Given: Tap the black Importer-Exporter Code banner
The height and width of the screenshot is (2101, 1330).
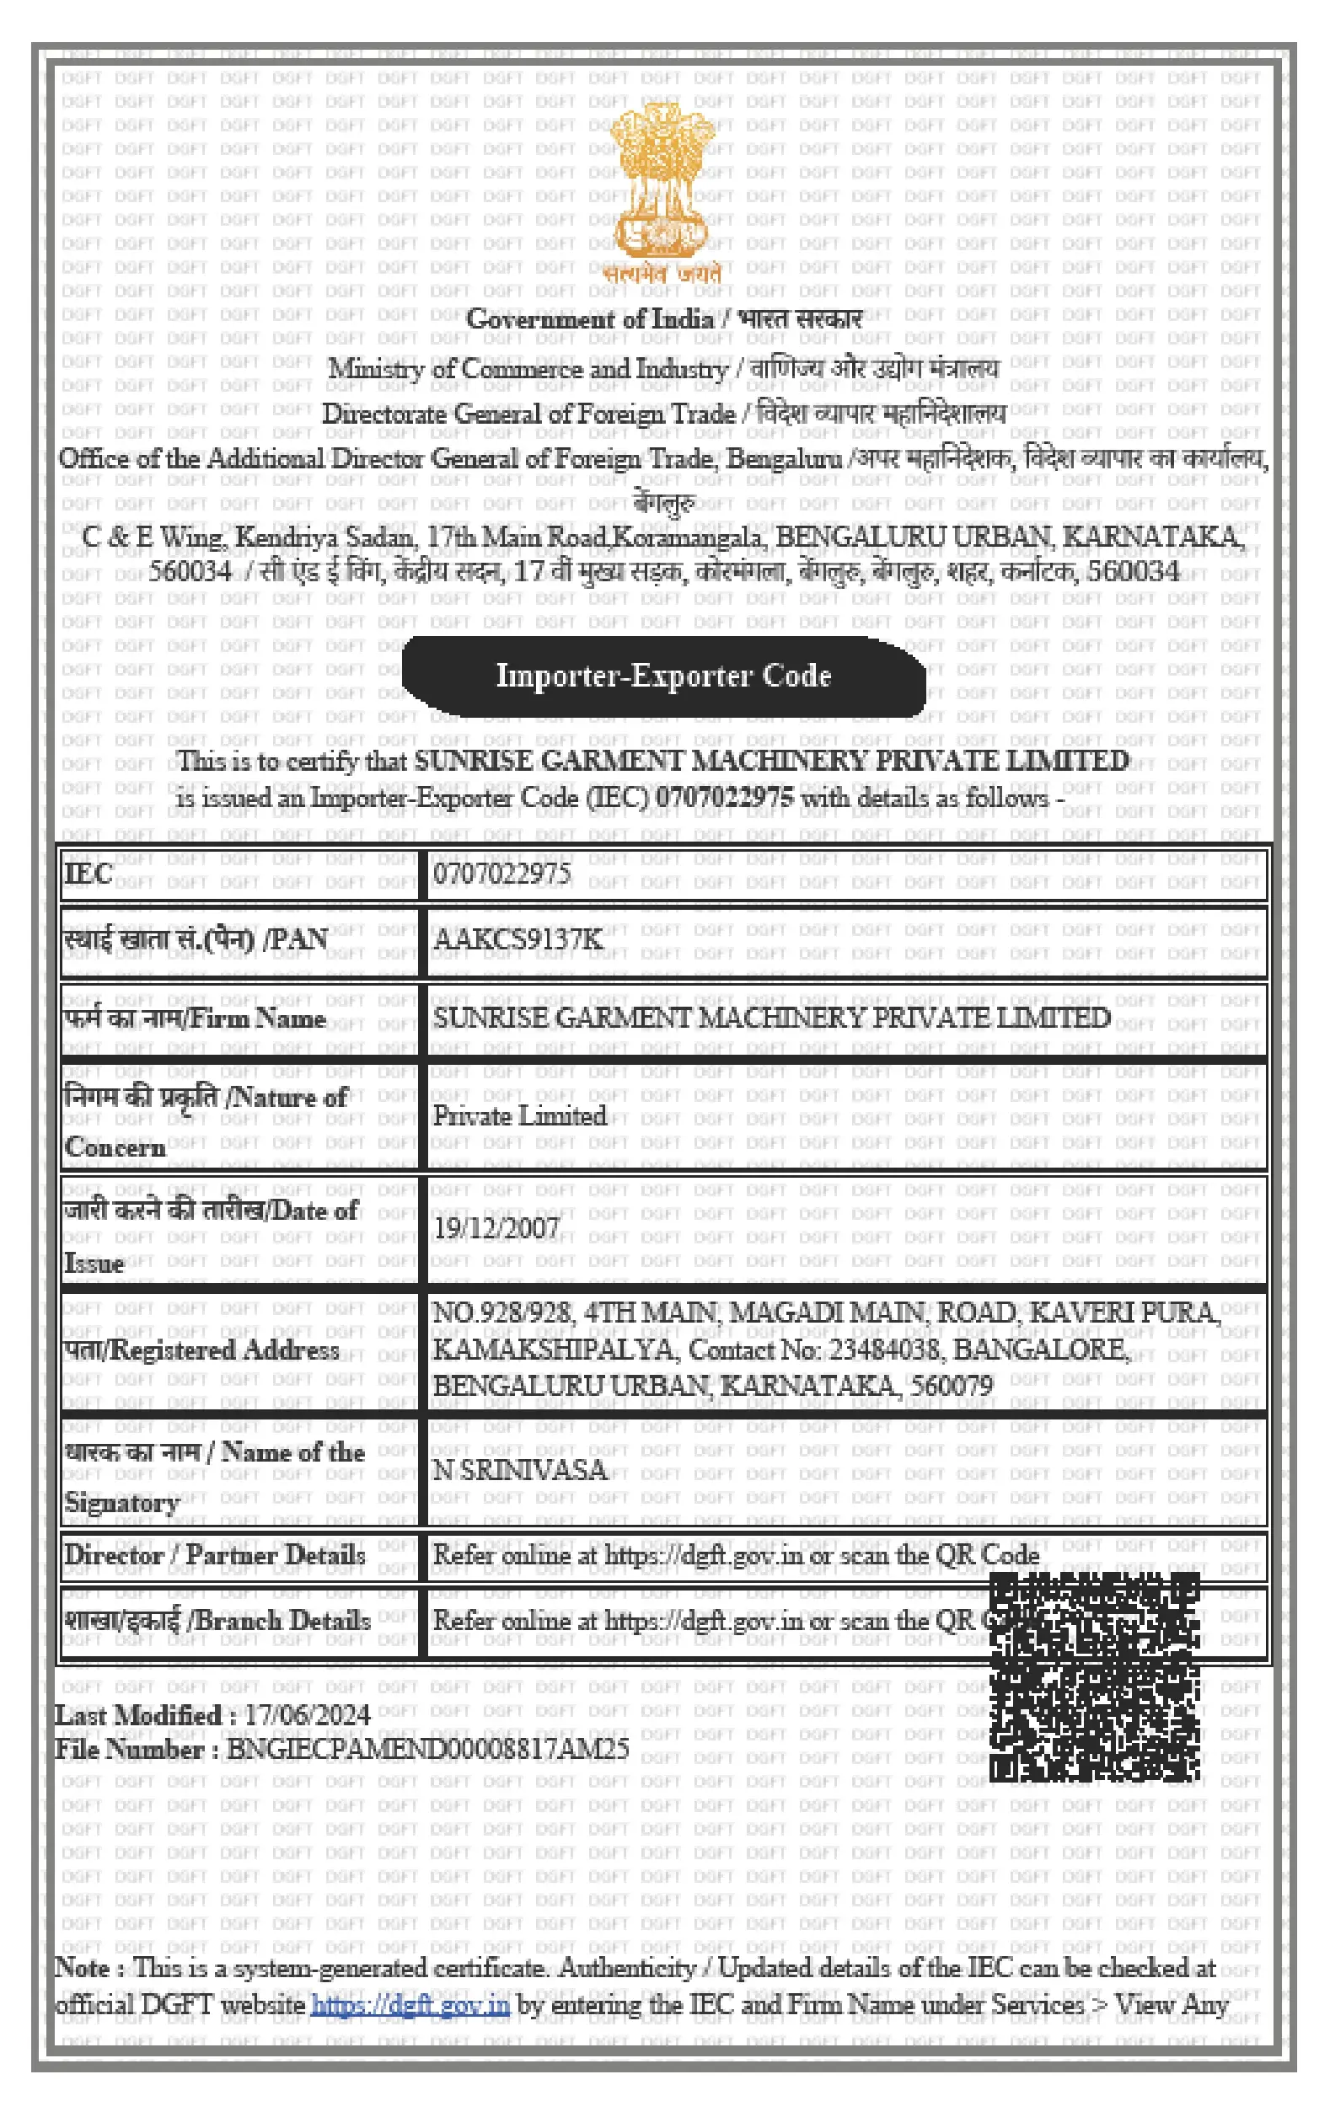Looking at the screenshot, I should coord(663,676).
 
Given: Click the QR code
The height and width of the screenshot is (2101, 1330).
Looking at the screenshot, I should coord(1094,1677).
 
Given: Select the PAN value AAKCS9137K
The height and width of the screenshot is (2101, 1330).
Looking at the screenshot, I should coord(518,938).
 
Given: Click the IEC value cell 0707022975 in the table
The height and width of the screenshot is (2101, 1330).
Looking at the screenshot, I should coord(501,874).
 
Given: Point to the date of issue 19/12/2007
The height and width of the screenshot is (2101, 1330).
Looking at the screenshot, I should coord(496,1227).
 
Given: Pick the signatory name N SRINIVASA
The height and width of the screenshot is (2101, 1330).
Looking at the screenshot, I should coord(519,1470).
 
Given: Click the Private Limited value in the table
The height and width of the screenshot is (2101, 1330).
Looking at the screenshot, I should coord(519,1116).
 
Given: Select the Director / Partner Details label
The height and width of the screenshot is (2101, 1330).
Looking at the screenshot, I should coord(215,1555).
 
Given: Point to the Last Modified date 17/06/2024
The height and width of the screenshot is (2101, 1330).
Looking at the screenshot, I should coord(306,1714).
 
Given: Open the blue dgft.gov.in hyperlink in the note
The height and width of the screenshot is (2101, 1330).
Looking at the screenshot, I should coord(410,2004).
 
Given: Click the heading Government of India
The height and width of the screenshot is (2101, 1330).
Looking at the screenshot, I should coord(590,319).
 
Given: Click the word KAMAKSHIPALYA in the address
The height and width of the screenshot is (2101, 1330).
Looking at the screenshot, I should coord(553,1350).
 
